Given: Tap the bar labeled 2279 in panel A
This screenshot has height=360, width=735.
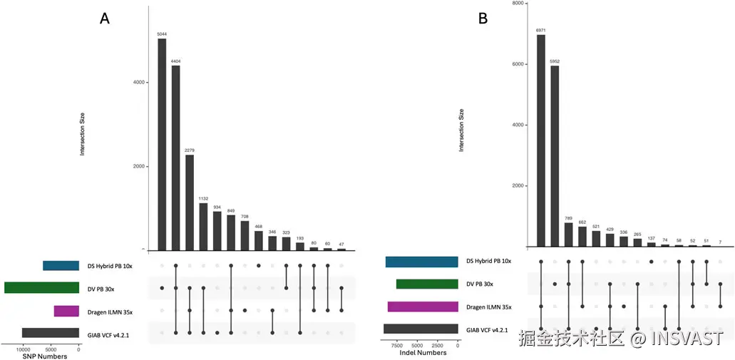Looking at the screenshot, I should coord(189,202).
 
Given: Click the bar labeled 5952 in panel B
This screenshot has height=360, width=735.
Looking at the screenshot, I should coord(555,157).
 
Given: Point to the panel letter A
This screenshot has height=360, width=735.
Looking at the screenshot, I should coord(104,20).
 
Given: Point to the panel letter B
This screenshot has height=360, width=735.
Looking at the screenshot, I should coord(483,19).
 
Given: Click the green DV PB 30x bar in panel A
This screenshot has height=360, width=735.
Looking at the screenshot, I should coord(41,288).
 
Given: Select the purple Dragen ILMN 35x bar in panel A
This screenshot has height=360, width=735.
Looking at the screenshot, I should coord(66,311).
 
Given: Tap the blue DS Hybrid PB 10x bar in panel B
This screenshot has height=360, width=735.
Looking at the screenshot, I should coord(421,262).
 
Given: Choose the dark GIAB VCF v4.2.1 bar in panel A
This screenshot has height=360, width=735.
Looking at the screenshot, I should coord(50,332).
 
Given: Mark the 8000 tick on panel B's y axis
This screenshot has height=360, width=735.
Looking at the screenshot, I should coord(518,4).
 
